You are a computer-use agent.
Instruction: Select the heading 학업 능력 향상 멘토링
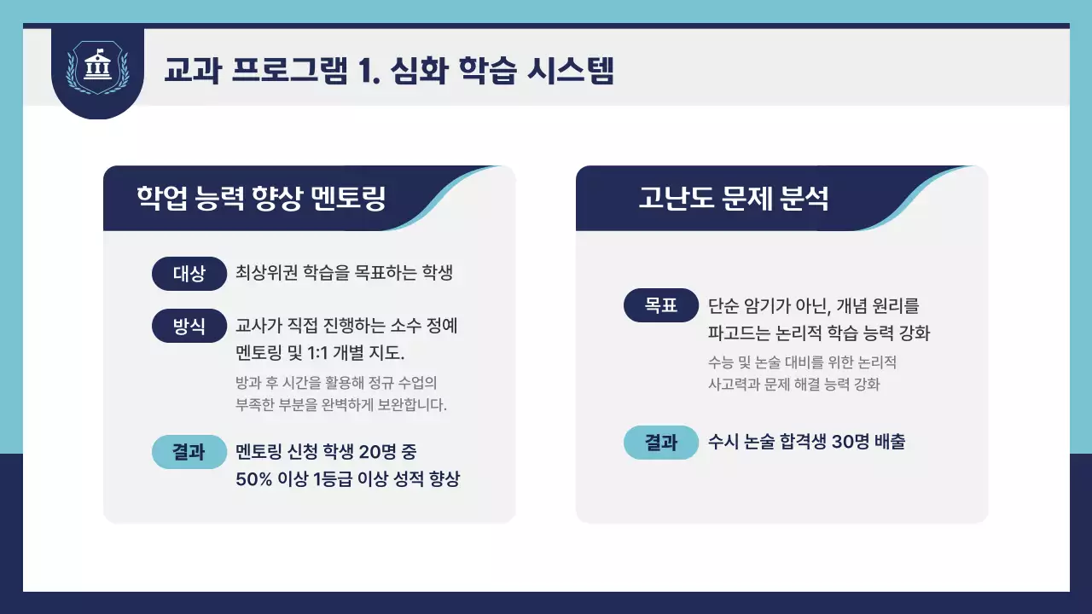coord(261,199)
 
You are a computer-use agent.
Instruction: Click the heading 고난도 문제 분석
coord(734,199)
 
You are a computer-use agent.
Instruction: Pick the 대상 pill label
coord(189,274)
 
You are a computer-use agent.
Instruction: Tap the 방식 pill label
coord(189,326)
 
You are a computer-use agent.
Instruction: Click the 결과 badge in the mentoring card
coord(189,452)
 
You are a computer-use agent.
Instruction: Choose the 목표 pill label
coord(661,305)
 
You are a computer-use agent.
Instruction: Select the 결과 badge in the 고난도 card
coord(661,442)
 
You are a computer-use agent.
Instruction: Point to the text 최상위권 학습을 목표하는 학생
coord(343,274)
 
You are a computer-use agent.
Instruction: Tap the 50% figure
coord(253,479)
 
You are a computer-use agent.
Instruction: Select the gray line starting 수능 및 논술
coord(802,362)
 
